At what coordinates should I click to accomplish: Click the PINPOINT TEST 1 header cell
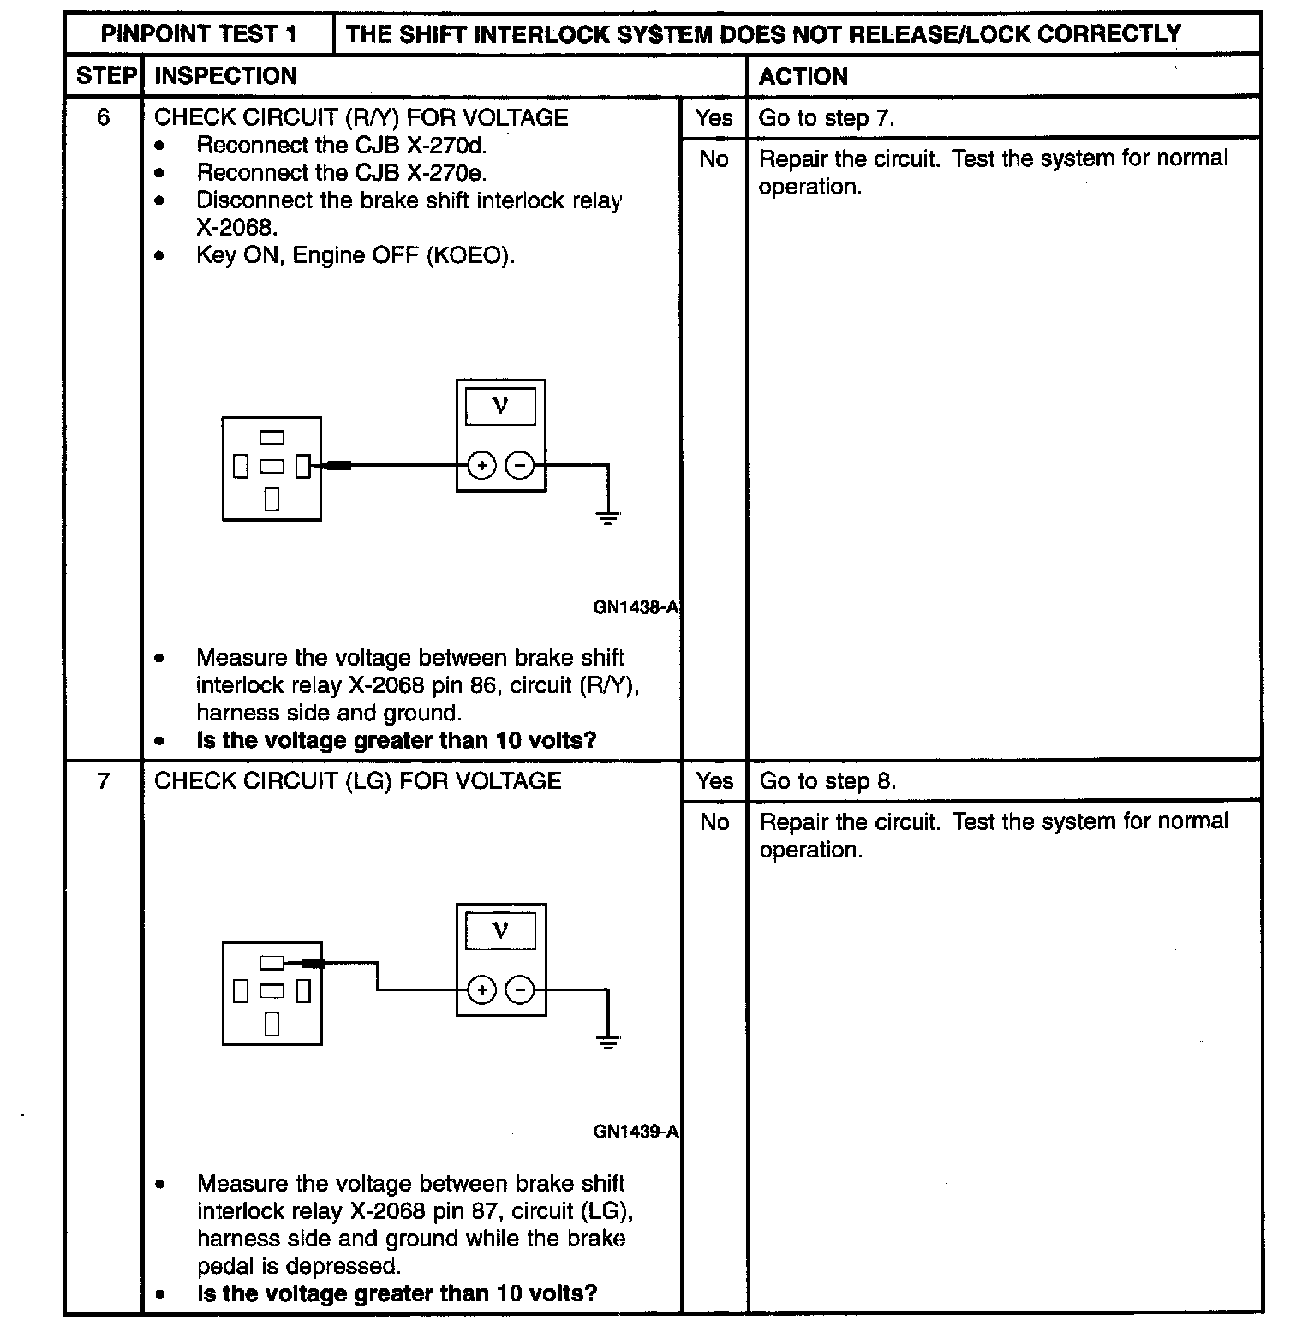pyautogui.click(x=199, y=34)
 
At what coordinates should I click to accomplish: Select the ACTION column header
pyautogui.click(x=803, y=76)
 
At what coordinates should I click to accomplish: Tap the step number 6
pyautogui.click(x=104, y=117)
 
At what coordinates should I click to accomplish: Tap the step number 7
pyautogui.click(x=104, y=780)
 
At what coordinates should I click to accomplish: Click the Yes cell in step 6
pyautogui.click(x=714, y=118)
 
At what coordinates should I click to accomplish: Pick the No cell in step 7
pyautogui.click(x=714, y=822)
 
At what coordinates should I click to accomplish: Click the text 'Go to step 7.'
pyautogui.click(x=827, y=118)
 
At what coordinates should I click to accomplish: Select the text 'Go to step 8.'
pyautogui.click(x=827, y=781)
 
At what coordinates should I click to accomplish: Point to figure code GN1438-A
pyautogui.click(x=636, y=607)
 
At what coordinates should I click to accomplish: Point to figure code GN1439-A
pyautogui.click(x=636, y=1132)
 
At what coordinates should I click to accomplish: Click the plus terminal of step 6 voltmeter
pyautogui.click(x=482, y=466)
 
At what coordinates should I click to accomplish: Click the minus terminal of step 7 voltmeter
pyautogui.click(x=520, y=990)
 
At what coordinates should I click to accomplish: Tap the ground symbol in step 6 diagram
pyautogui.click(x=607, y=517)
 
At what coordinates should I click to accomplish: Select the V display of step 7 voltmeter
pyautogui.click(x=501, y=930)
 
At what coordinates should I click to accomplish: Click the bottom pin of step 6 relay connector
pyautogui.click(x=272, y=499)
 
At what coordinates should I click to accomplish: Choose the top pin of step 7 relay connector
pyautogui.click(x=272, y=962)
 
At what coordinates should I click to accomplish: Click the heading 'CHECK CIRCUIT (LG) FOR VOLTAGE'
pyautogui.click(x=357, y=780)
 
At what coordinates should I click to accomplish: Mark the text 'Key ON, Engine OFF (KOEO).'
pyautogui.click(x=355, y=255)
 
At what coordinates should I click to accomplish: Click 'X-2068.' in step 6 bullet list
pyautogui.click(x=237, y=228)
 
